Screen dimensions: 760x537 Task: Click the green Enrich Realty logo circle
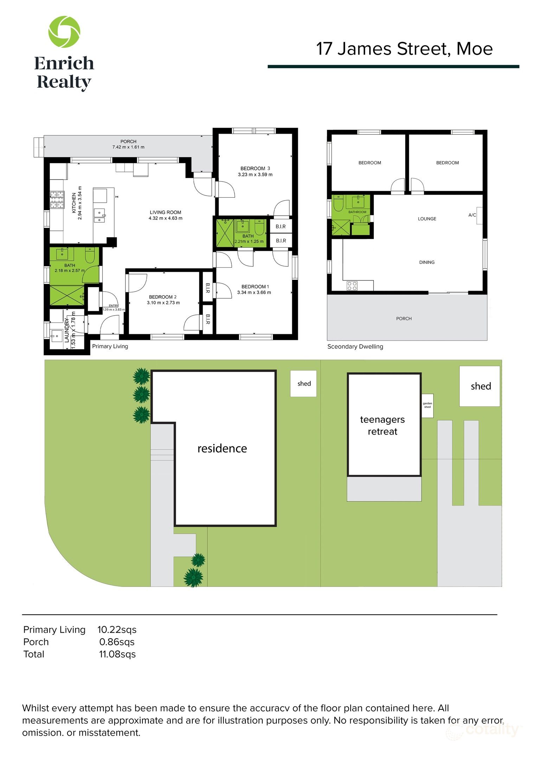(x=64, y=32)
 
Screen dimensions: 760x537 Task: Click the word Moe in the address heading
(x=474, y=49)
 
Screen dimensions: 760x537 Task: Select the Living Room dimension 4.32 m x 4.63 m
(x=165, y=218)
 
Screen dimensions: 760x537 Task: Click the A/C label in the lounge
(x=472, y=215)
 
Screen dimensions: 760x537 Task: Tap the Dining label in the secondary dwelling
(x=427, y=262)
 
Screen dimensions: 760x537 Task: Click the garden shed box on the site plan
(x=427, y=405)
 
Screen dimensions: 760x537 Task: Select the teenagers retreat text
(x=382, y=425)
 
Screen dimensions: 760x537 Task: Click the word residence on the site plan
(x=222, y=449)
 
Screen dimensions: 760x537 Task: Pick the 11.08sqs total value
(x=117, y=654)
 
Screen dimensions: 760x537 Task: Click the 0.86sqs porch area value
(x=117, y=642)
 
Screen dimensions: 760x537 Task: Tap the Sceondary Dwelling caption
(x=355, y=347)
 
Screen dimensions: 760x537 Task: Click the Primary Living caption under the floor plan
(x=110, y=346)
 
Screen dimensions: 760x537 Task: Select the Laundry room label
(x=67, y=329)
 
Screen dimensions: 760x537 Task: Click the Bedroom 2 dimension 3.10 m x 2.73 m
(x=163, y=303)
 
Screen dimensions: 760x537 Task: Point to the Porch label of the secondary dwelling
(x=403, y=318)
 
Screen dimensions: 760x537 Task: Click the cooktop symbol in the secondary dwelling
(x=352, y=286)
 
